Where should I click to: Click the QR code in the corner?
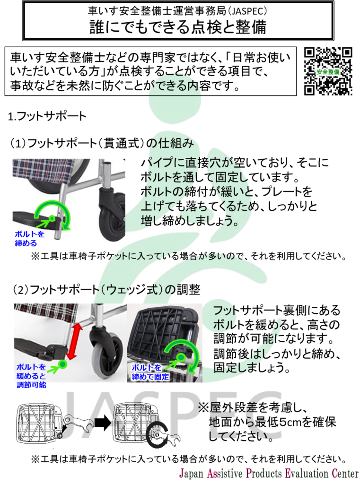[x=328, y=71]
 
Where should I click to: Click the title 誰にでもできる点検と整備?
[x=178, y=27]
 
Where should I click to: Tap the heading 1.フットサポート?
[x=47, y=116]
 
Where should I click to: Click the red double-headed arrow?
[x=74, y=341]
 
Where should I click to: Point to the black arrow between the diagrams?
[x=103, y=422]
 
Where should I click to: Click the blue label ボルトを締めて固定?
[x=150, y=372]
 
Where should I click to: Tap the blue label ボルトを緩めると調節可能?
[x=31, y=376]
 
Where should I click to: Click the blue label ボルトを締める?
[x=29, y=239]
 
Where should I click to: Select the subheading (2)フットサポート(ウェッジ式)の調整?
[x=107, y=290]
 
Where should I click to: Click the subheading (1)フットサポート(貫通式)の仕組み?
[x=102, y=143]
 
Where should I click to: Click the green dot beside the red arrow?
[x=63, y=364]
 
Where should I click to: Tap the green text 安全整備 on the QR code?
[x=328, y=72]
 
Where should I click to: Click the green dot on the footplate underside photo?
[x=181, y=357]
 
